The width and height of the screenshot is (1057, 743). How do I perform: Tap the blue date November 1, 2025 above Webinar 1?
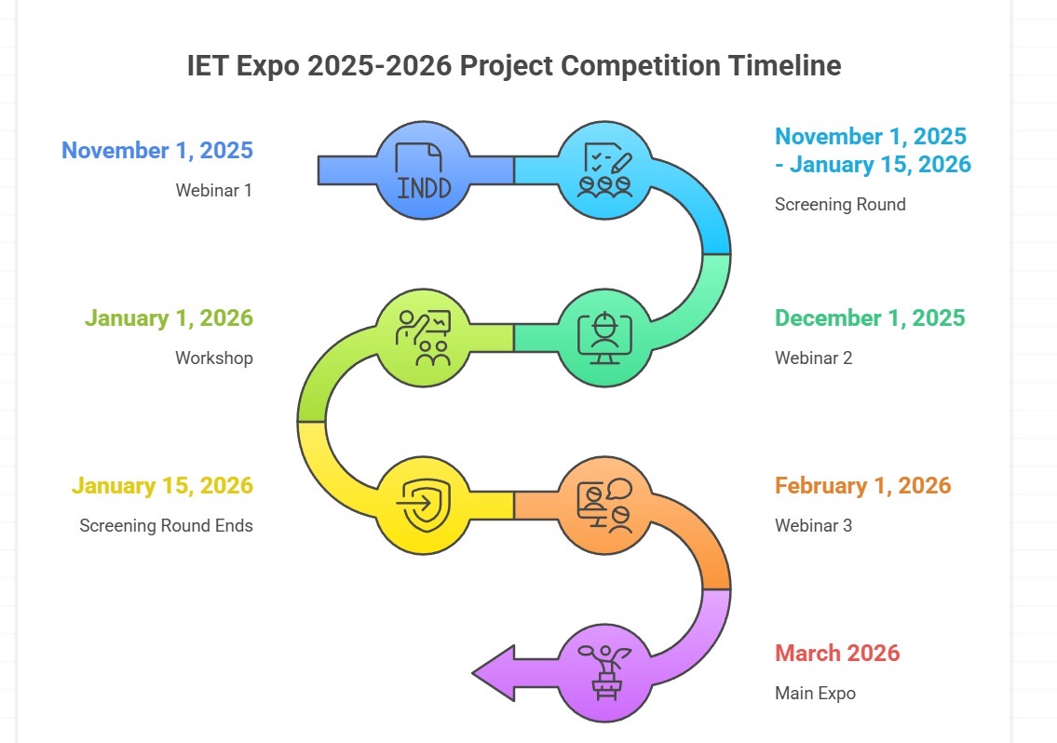[157, 150]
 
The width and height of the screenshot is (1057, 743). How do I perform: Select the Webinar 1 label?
[213, 190]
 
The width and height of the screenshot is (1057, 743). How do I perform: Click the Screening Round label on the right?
[840, 204]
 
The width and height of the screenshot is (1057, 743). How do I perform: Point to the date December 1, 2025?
[870, 317]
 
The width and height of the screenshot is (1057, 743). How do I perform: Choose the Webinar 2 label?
[814, 358]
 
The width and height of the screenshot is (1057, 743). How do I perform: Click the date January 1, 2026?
[169, 317]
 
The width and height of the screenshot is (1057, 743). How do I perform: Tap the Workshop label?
[214, 358]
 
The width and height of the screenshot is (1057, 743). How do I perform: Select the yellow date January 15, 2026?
[162, 485]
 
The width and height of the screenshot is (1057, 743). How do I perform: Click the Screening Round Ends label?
[167, 526]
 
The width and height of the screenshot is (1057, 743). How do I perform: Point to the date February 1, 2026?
[863, 485]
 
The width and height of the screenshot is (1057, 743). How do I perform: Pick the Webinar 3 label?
[814, 526]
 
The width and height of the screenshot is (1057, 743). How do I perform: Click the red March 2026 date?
[837, 653]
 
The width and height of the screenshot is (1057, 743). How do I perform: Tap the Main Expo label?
[815, 693]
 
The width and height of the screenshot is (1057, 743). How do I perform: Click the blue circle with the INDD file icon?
[424, 169]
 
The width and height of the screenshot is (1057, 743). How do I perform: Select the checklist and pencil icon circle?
[604, 169]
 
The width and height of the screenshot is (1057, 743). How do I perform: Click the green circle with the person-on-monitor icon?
[604, 338]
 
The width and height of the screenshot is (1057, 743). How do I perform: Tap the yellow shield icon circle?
[424, 506]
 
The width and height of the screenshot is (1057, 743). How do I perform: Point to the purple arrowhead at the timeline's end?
[493, 673]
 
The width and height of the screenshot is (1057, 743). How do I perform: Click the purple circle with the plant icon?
[604, 673]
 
